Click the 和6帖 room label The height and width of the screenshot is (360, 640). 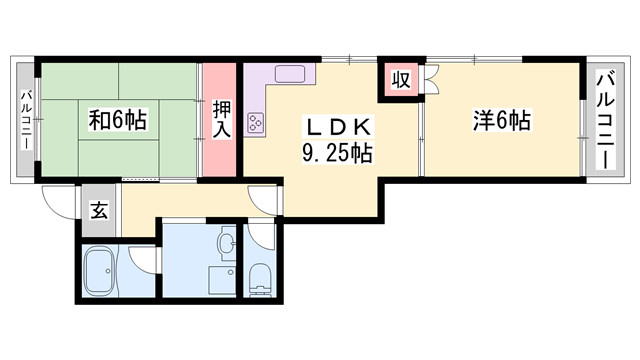[118, 120]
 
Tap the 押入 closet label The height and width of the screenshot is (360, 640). [222, 120]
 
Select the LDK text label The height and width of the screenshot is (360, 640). [338, 127]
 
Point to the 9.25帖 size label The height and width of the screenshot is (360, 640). [337, 153]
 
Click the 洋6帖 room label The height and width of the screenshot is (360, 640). [502, 120]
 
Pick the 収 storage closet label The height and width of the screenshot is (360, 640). [401, 80]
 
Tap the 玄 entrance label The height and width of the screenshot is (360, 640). [99, 210]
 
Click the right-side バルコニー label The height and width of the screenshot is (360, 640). [605, 120]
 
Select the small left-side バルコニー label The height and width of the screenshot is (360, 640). [27, 120]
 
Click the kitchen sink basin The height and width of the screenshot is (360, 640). [290, 74]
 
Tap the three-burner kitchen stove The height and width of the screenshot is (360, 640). [255, 122]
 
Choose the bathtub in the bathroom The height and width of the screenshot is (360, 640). [100, 271]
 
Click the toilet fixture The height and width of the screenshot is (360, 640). [260, 280]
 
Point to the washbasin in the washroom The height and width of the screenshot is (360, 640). [227, 244]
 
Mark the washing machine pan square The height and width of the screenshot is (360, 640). [222, 280]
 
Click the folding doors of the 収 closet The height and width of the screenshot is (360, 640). [431, 79]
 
